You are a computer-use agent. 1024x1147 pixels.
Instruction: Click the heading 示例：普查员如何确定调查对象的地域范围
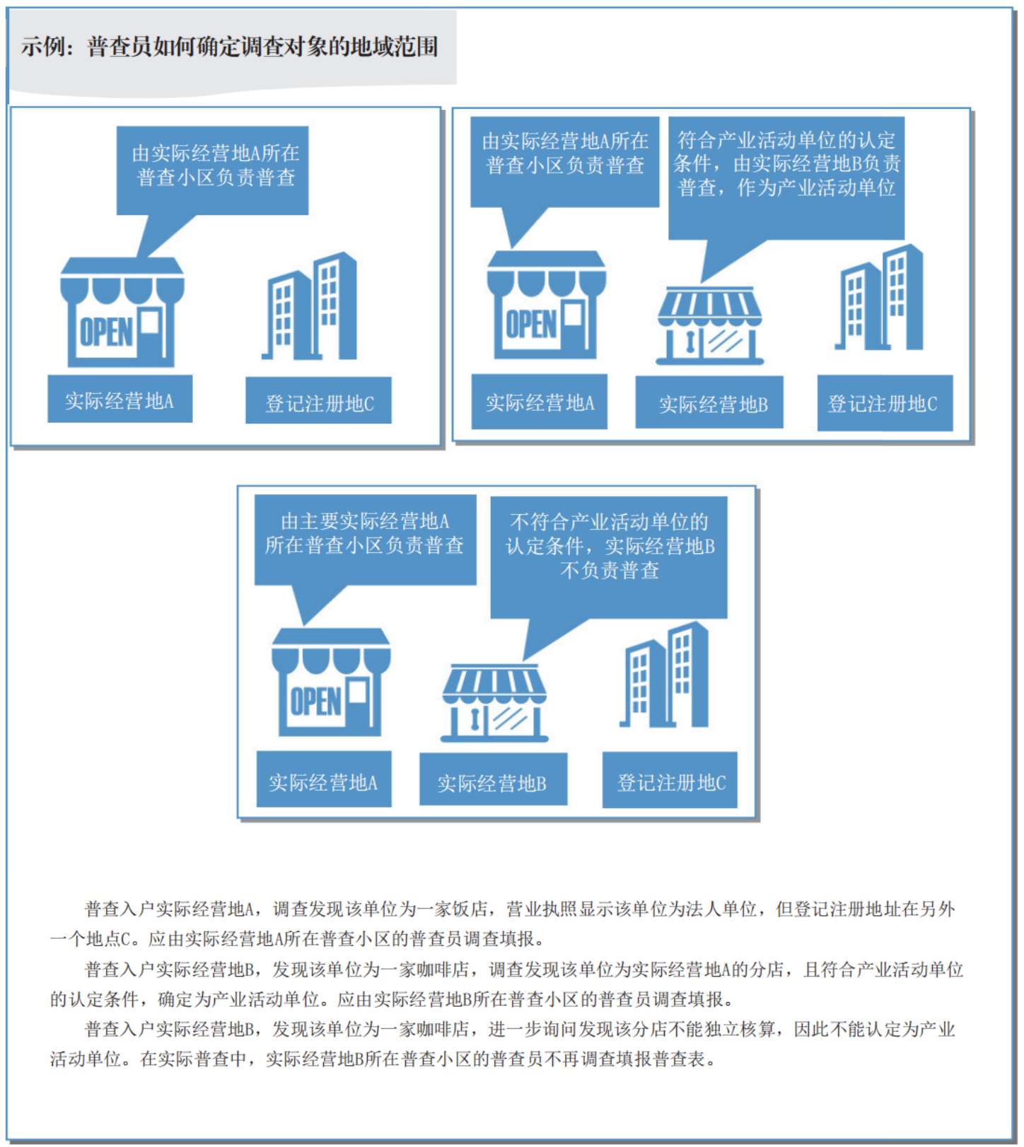(229, 47)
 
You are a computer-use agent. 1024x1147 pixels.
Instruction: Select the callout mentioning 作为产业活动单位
(786, 178)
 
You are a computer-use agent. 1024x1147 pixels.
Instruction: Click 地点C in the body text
(108, 939)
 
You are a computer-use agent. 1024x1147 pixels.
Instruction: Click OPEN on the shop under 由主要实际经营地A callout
(316, 701)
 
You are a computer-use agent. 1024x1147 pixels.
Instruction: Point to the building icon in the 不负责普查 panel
(664, 675)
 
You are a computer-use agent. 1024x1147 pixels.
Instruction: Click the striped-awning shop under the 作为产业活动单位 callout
(709, 326)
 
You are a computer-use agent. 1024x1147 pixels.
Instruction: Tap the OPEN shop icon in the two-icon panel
(122, 312)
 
